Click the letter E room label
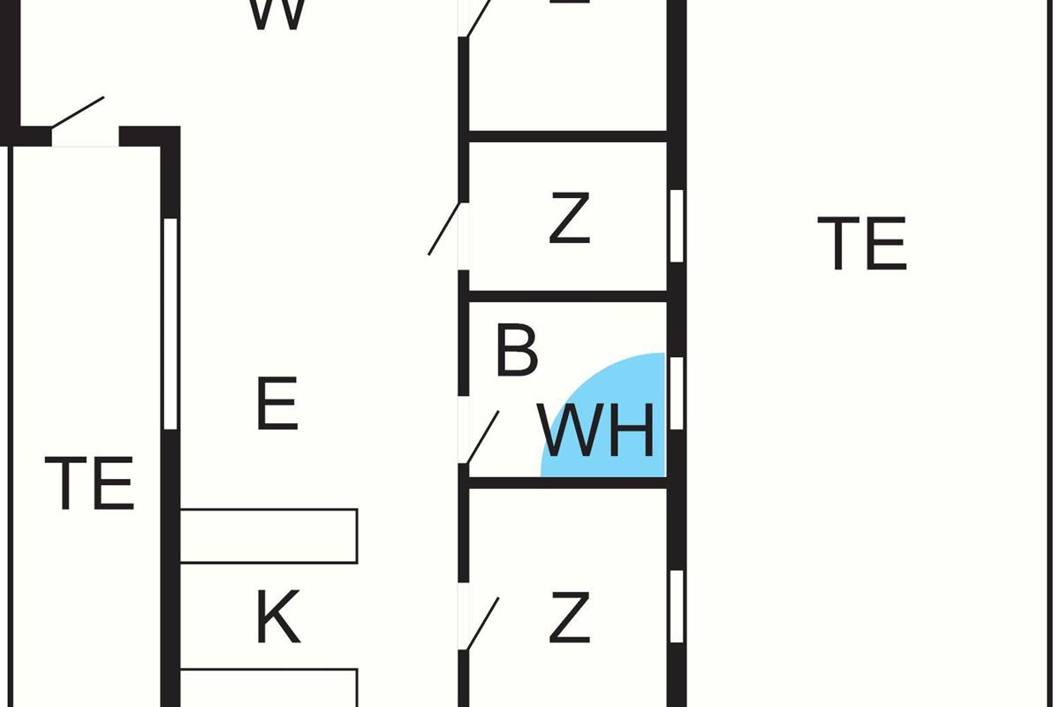click(276, 404)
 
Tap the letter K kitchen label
click(277, 619)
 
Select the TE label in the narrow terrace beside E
click(89, 483)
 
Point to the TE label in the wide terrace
click(862, 244)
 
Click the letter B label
click(516, 351)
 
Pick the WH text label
click(598, 431)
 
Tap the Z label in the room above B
click(569, 220)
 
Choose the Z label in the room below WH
click(569, 619)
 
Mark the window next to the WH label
click(677, 393)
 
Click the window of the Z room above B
click(677, 225)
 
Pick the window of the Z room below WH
click(677, 606)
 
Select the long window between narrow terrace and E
click(170, 323)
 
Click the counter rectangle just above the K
click(269, 536)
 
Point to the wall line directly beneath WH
click(568, 483)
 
